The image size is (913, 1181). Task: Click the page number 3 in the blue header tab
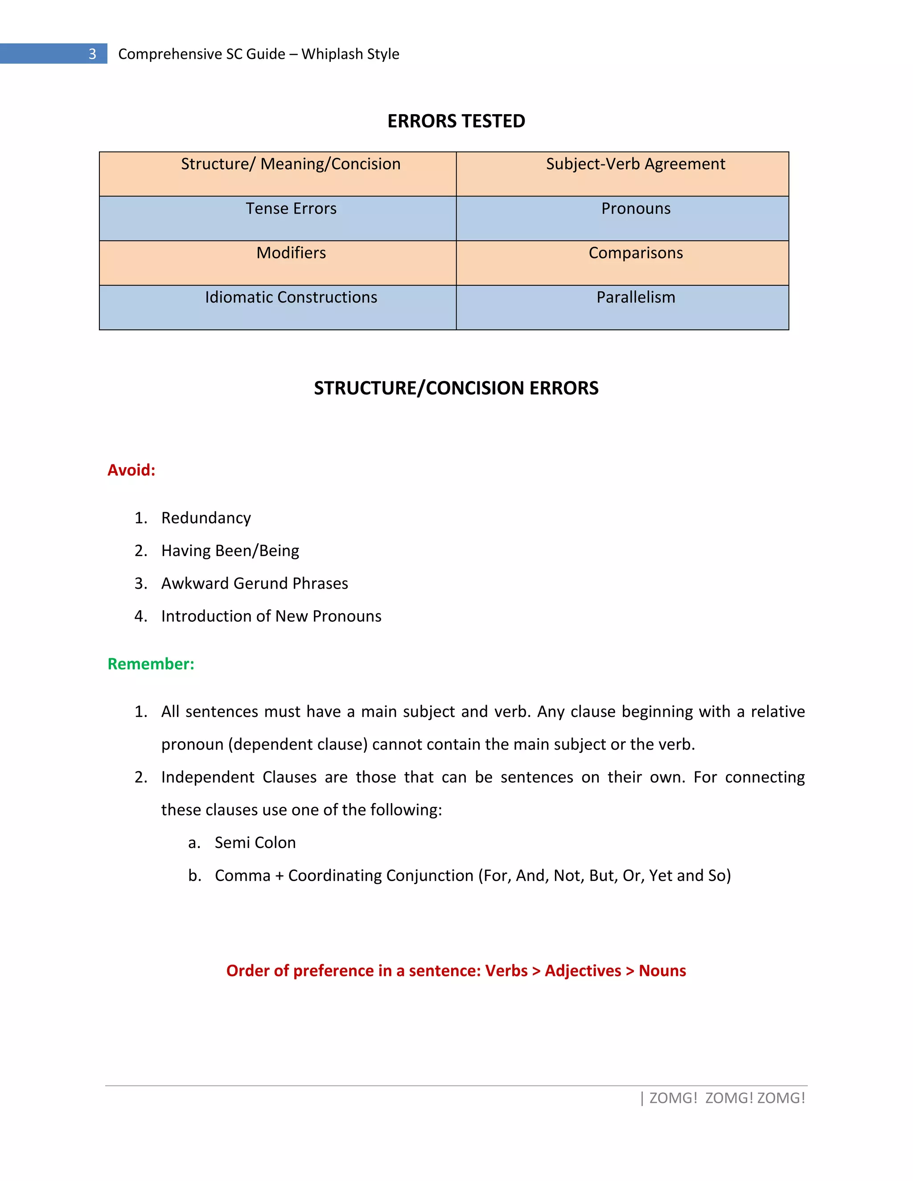(x=92, y=54)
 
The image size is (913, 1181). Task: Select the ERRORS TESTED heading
(x=456, y=121)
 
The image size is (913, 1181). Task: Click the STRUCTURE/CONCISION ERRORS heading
(x=456, y=388)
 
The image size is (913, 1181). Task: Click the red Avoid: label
(x=132, y=470)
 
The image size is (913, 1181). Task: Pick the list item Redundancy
(x=206, y=518)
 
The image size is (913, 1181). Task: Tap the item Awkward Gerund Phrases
(x=254, y=583)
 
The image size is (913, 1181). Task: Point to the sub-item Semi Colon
(x=255, y=842)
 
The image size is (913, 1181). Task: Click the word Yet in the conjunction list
(x=660, y=875)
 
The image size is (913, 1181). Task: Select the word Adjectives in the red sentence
(x=583, y=971)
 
